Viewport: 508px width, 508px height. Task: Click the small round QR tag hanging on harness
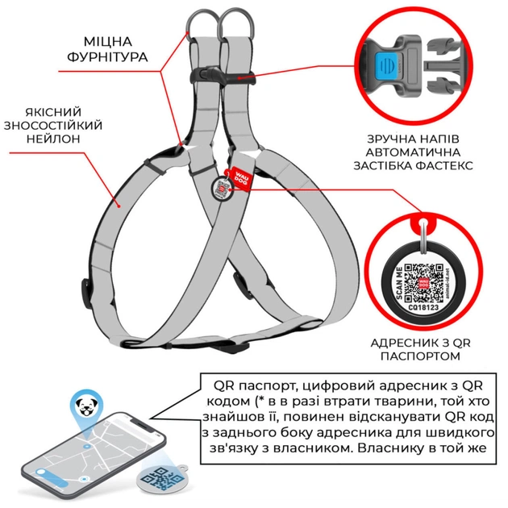coord(223,189)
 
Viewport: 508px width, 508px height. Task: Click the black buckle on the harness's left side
coord(87,285)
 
